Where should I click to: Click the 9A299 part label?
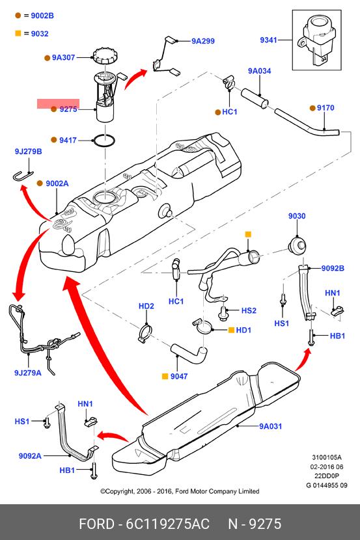203,41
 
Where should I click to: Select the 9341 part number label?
268,40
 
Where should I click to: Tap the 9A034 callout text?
259,71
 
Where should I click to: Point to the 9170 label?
325,108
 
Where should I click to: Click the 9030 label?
297,216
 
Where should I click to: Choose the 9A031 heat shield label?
270,426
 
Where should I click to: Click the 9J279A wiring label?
27,373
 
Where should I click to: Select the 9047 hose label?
179,377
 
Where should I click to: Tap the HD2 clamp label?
146,306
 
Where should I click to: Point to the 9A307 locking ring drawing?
105,56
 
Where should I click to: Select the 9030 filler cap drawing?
297,245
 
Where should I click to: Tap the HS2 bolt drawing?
222,312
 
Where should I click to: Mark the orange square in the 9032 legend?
18,33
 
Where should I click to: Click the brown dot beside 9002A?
40,183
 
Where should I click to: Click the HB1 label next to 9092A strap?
67,470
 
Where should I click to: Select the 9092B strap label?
333,268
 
